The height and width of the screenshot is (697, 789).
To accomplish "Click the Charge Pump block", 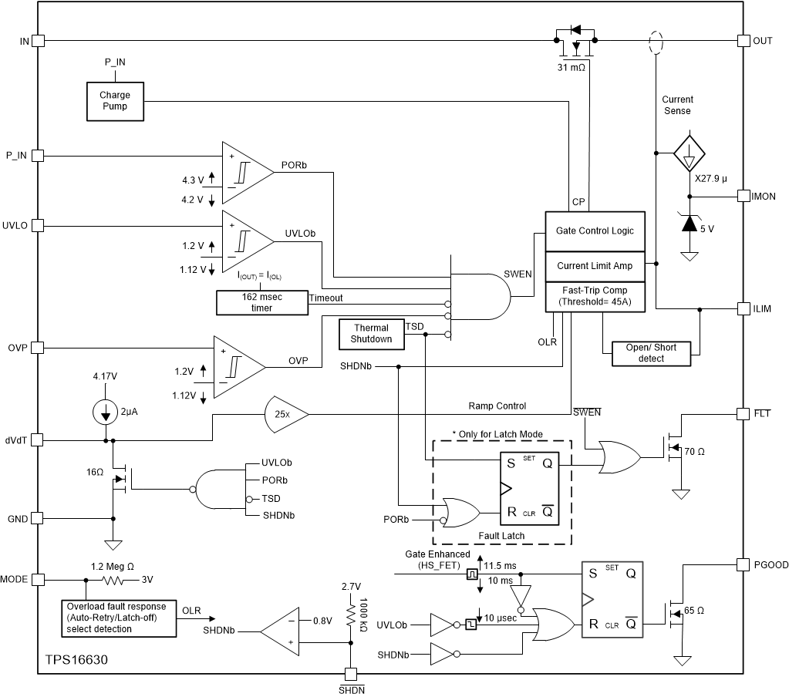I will tap(114, 100).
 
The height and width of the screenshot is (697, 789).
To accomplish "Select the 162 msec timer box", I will tap(262, 301).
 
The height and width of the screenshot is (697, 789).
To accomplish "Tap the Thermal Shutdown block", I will tap(371, 333).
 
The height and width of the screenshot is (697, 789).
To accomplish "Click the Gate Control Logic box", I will tap(595, 231).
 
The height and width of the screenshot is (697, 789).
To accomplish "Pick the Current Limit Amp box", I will tap(595, 265).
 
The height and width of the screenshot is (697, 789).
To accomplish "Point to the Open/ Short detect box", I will tap(652, 352).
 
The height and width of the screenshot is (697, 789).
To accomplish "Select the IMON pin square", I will tap(744, 196).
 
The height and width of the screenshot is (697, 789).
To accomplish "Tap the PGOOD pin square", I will tap(744, 564).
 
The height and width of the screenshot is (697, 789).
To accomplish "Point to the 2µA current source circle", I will tap(106, 412).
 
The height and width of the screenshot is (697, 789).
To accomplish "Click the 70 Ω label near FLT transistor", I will tap(695, 450).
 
